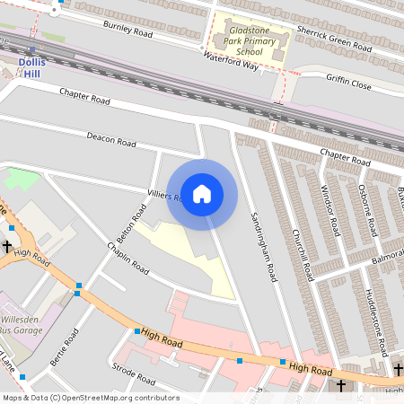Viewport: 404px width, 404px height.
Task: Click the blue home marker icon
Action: coord(202,193)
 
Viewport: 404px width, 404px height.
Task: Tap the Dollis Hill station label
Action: coord(32,67)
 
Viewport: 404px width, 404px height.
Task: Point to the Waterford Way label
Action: coord(231,61)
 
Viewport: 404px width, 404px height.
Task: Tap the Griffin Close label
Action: coord(348,82)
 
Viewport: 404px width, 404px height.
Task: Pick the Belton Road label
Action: coord(138,219)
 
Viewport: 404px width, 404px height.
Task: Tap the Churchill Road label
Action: coord(300,238)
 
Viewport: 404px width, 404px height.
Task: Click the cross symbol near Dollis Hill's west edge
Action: coord(7,244)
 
